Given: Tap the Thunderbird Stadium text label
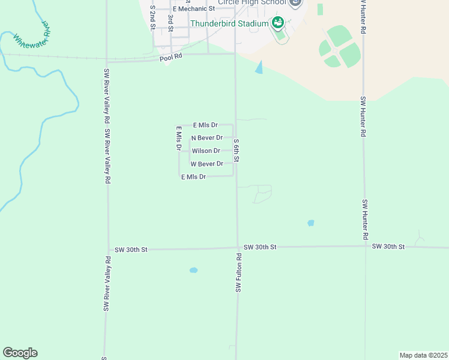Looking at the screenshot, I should tap(229, 23).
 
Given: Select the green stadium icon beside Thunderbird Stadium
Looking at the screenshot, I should tap(277, 23).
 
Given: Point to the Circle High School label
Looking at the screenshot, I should tap(252, 2).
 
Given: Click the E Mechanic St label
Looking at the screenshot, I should tap(193, 9).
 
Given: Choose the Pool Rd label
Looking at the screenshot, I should tap(170, 58).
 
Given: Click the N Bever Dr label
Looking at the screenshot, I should tap(206, 138).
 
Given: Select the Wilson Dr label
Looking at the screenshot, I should tap(205, 151).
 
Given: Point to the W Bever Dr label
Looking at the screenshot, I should tap(206, 164).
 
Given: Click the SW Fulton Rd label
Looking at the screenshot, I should tap(238, 272).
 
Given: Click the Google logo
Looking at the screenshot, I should tap(20, 353).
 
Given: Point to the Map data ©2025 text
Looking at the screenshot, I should tap(424, 355).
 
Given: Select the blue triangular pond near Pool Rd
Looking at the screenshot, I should tap(259, 67).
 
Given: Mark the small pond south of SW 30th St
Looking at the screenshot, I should tap(193, 271).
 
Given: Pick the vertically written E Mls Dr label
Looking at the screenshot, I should tap(178, 139).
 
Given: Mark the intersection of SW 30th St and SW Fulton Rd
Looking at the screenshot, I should tap(237, 247).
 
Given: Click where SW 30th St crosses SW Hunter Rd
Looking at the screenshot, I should tap(365, 247).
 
